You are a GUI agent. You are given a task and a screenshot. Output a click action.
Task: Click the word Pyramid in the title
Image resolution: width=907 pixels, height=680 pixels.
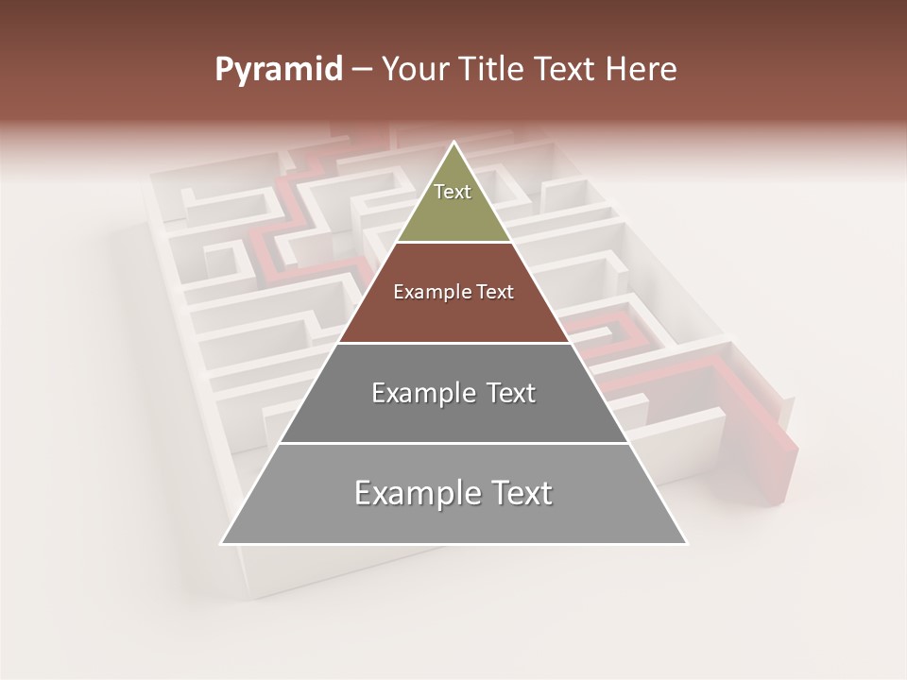(278, 70)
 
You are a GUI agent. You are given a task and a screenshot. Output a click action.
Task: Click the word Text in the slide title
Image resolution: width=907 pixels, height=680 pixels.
(566, 70)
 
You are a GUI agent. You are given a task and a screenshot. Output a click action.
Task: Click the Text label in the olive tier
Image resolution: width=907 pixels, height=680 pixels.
(453, 192)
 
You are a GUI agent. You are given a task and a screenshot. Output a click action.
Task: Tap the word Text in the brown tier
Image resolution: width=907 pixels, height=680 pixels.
(495, 293)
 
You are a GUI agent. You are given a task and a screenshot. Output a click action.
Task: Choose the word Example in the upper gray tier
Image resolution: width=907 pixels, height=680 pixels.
(421, 393)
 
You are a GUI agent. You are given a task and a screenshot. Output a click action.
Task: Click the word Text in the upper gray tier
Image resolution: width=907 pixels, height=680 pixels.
(511, 393)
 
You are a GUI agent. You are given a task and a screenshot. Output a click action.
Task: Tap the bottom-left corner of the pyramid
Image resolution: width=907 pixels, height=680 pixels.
(222, 543)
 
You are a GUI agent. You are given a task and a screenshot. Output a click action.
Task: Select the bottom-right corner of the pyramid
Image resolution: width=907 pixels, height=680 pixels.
(687, 543)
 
